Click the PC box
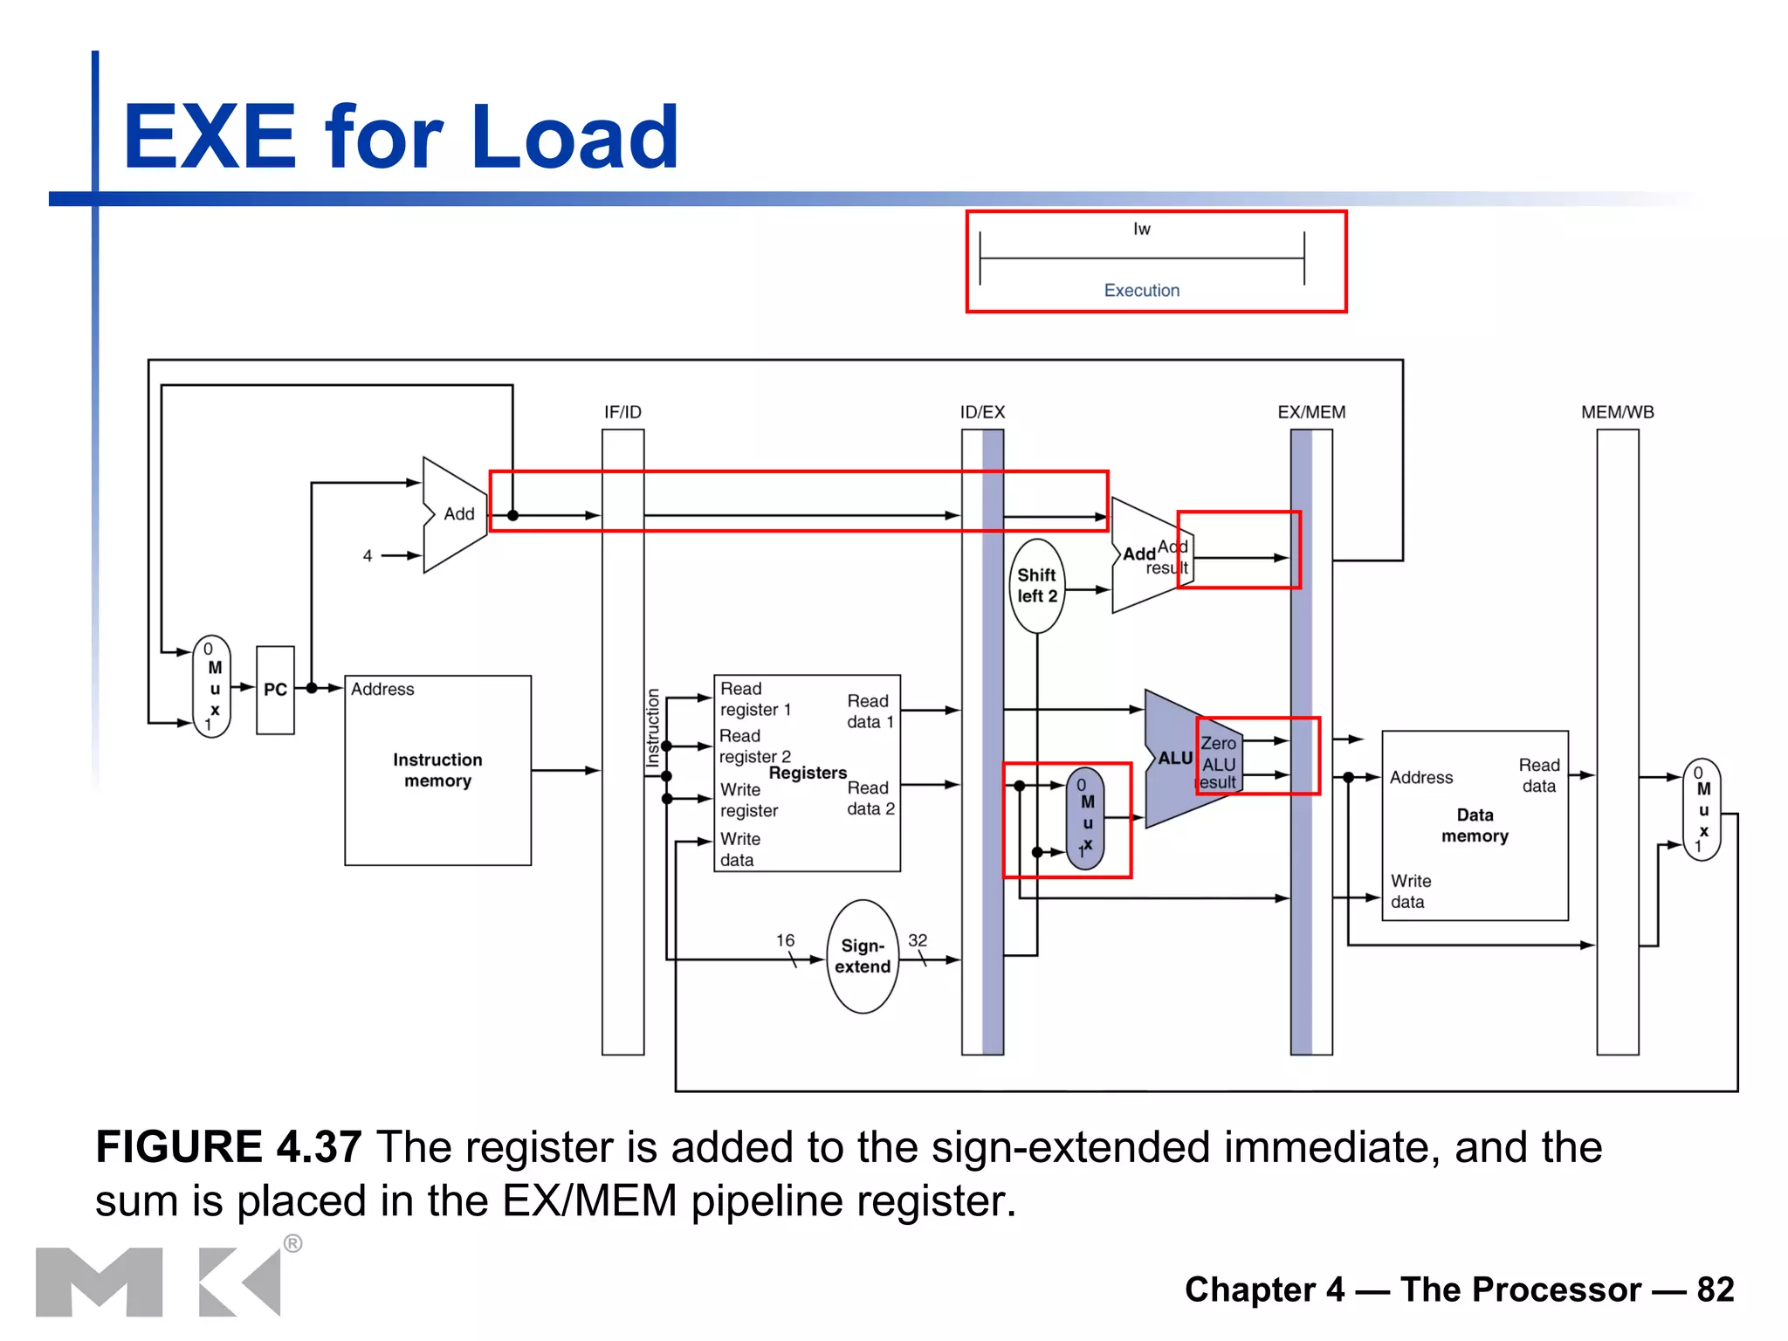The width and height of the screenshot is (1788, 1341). coord(275,690)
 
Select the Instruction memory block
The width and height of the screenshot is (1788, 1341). coord(437,770)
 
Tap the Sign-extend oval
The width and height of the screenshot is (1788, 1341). coord(863,957)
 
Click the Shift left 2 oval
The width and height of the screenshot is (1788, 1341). coord(1036,586)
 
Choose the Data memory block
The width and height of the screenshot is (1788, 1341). coord(1475,825)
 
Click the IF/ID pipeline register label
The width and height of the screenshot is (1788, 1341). coord(622,412)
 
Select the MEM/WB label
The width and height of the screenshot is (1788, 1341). coord(1617,412)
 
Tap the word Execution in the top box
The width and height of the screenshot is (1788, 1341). coord(1141,291)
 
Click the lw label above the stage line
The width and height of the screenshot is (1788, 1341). coord(1141,229)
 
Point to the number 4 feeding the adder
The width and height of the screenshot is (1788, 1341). coord(368,556)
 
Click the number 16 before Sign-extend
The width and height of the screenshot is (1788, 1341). coord(785,940)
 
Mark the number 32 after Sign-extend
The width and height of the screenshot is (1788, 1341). coord(918,940)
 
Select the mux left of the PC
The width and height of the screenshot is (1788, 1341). coord(212,687)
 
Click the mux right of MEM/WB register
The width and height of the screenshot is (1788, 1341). coord(1702,809)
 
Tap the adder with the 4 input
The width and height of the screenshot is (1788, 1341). coord(454,515)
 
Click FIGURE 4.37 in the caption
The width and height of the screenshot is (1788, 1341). coord(228,1146)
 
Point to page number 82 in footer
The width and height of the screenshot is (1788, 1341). coord(1715,1289)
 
